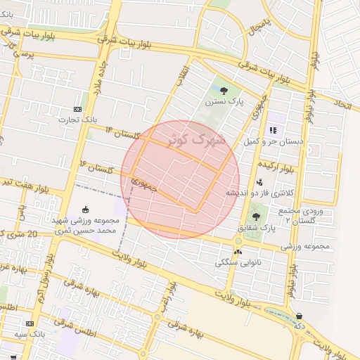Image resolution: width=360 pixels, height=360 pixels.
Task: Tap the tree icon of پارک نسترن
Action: tap(224, 90)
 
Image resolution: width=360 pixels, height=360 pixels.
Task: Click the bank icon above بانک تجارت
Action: tap(77, 110)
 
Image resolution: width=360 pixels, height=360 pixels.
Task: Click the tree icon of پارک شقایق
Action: tap(256, 217)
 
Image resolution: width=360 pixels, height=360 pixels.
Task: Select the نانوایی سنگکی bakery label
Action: tap(236, 262)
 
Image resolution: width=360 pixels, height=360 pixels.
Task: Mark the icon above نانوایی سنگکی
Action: tap(237, 251)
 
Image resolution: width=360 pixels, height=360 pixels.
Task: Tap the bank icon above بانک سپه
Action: tap(30, 323)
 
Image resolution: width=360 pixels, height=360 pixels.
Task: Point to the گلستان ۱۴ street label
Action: tap(123, 133)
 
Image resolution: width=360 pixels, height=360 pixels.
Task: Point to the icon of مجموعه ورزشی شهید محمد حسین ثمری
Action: tap(86, 209)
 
